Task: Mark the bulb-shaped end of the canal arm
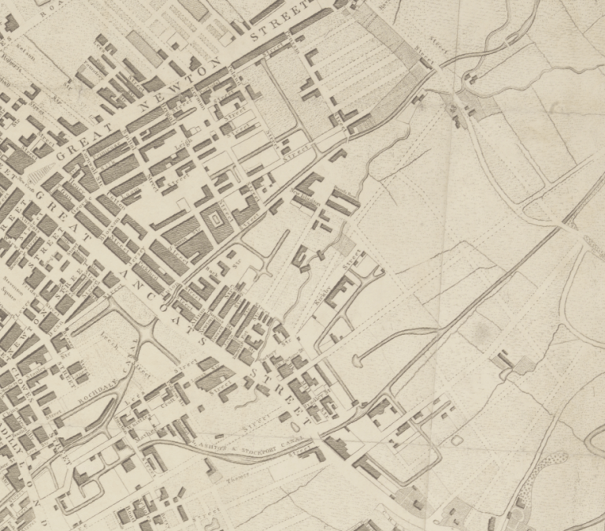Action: tap(356, 362)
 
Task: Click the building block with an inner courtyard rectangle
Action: tap(214, 221)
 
